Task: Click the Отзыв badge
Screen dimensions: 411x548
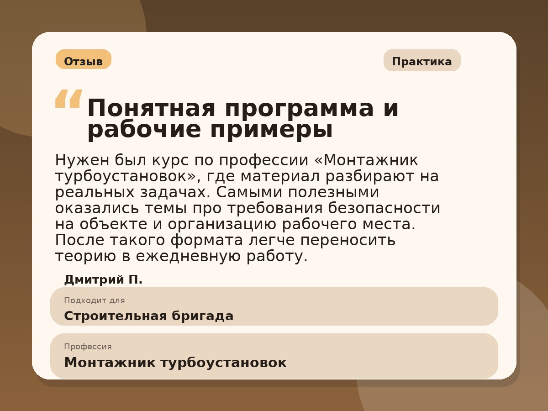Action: tap(83, 61)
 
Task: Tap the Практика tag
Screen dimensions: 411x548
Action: tap(422, 61)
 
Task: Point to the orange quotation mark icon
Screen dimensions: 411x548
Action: tap(68, 99)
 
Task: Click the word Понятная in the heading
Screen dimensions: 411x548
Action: tap(151, 109)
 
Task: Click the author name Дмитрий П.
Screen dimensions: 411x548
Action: tap(103, 279)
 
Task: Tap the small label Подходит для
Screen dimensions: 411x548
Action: tap(94, 300)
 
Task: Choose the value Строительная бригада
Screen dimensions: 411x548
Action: tap(148, 316)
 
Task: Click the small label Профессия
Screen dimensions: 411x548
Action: tap(88, 347)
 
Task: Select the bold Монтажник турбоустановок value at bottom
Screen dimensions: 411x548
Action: tap(175, 363)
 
